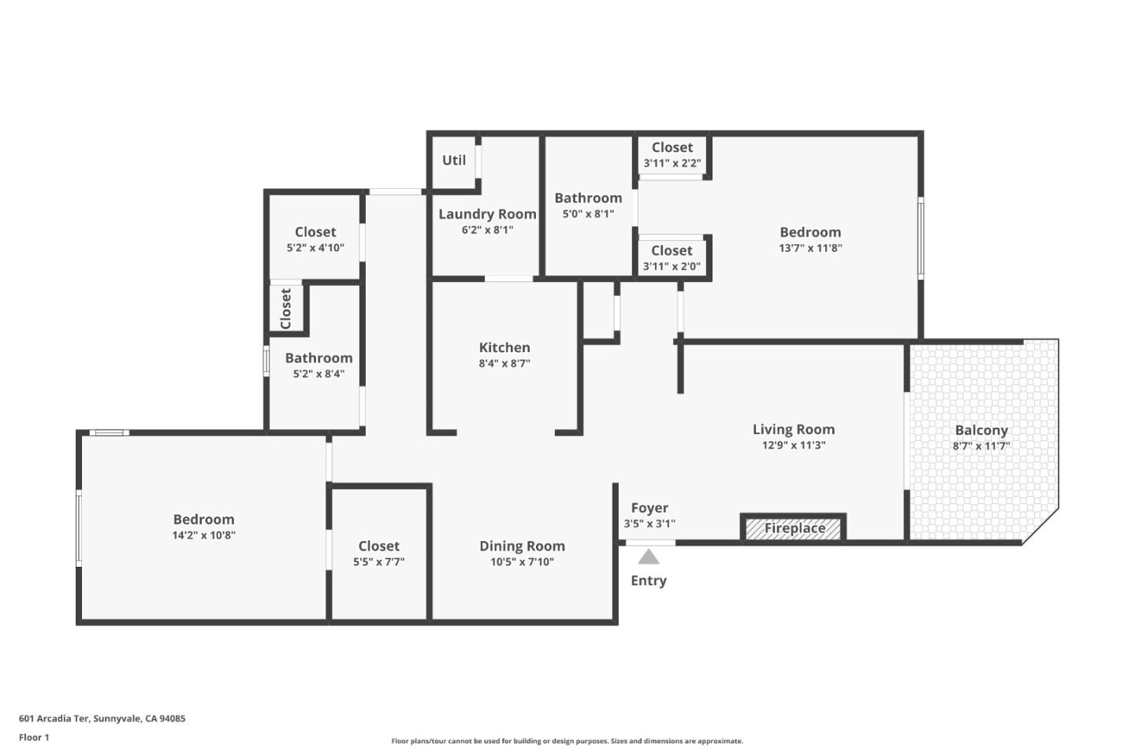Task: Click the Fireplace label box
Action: pos(794,528)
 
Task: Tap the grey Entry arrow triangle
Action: pos(649,558)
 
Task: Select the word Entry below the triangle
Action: pos(649,580)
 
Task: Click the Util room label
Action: pos(454,160)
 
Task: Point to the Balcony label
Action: pos(981,430)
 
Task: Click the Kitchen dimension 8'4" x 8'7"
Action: pos(504,364)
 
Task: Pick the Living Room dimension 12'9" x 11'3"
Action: pos(793,446)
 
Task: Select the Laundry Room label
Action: pos(487,214)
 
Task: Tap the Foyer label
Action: pos(649,508)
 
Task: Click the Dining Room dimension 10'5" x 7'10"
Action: pos(522,562)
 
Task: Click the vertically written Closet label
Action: pos(285,309)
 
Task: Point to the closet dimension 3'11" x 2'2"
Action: pos(672,164)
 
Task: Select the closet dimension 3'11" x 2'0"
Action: pos(672,267)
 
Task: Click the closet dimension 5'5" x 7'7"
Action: pos(378,562)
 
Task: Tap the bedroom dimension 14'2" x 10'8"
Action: pos(203,535)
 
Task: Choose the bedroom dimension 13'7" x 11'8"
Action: pos(810,248)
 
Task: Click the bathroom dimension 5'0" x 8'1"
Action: pos(588,214)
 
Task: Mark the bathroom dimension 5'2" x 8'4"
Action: pos(318,374)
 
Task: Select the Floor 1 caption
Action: pos(34,738)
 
